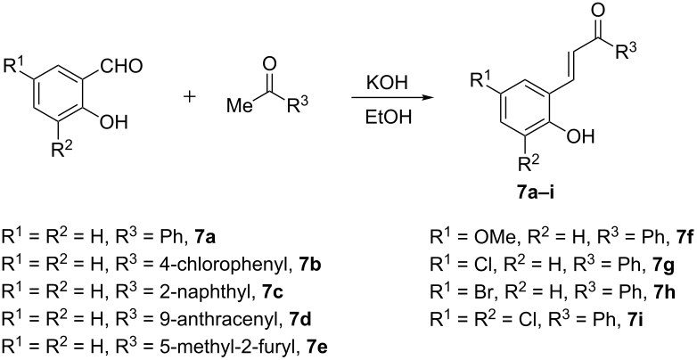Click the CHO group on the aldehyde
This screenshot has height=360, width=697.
[121, 67]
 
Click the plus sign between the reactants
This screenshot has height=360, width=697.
[190, 97]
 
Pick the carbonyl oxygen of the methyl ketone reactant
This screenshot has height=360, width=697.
[269, 65]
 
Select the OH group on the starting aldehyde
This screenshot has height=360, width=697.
[114, 120]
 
